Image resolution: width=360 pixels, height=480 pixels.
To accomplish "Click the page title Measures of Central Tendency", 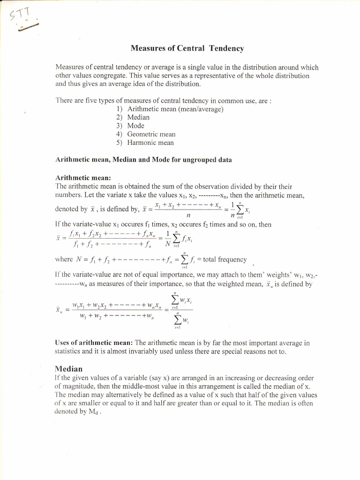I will click(x=187, y=48).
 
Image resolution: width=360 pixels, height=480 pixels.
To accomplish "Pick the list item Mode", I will click(x=135, y=126).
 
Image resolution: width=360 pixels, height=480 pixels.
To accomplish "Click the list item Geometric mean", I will click(x=151, y=134).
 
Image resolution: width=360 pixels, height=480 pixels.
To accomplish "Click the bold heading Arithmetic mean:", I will click(x=83, y=178).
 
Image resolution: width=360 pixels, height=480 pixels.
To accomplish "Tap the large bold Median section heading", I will click(x=68, y=368).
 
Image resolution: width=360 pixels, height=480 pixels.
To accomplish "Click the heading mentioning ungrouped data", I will click(x=143, y=160).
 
